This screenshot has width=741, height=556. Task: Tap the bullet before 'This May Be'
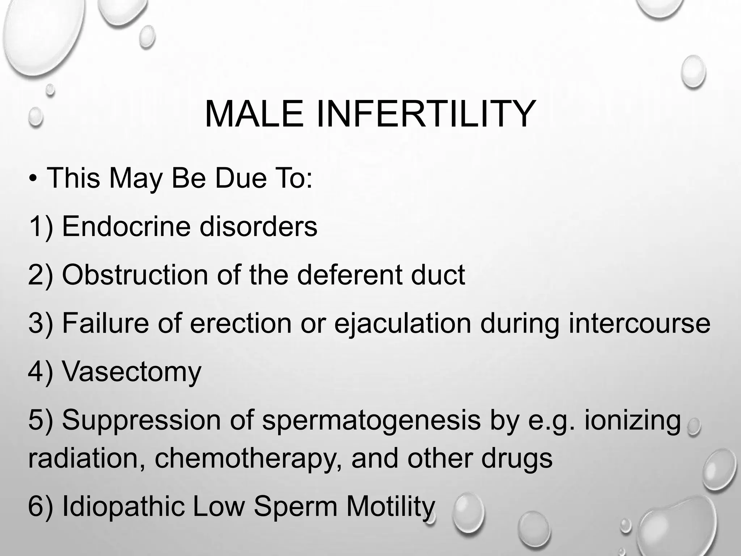click(x=33, y=179)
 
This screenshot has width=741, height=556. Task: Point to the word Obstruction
click(x=135, y=275)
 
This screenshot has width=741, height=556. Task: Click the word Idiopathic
click(x=123, y=506)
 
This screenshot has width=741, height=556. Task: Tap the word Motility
click(x=390, y=506)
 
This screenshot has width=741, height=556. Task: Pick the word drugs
click(x=517, y=458)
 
